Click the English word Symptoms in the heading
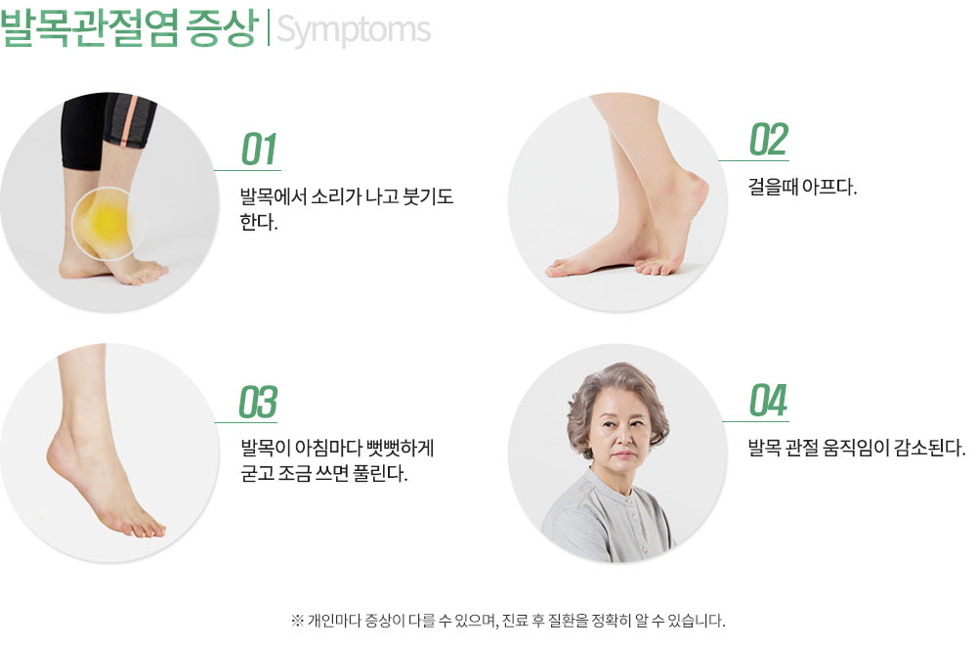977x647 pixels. tap(354, 30)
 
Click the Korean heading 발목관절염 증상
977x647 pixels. tap(129, 27)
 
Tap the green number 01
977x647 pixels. tap(259, 149)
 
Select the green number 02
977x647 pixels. tap(769, 139)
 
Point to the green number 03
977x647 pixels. tap(258, 402)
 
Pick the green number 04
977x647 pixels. tap(768, 400)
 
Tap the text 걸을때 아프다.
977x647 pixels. tap(802, 187)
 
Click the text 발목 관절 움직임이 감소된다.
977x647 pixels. tap(857, 447)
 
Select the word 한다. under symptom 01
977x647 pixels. tap(259, 222)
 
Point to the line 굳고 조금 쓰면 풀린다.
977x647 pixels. tap(324, 473)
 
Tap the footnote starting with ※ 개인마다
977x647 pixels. tap(508, 621)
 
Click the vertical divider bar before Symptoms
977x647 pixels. tap(268, 28)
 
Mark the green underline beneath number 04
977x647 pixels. tap(755, 421)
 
